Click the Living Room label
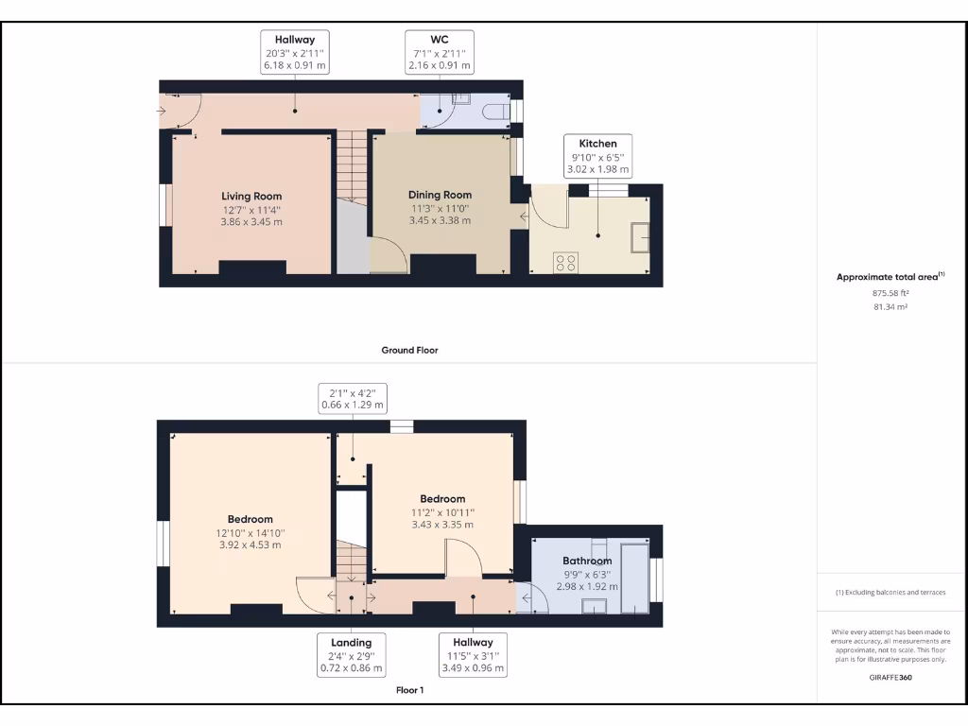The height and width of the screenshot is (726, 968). [252, 197]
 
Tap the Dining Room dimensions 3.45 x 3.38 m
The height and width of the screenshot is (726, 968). [440, 220]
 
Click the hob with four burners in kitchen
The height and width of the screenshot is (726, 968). [567, 262]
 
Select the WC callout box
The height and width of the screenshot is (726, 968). [440, 52]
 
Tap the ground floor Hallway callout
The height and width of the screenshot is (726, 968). [295, 52]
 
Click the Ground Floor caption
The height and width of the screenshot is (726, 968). [409, 350]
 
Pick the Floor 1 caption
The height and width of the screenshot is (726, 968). [409, 690]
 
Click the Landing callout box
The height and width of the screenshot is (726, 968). [351, 655]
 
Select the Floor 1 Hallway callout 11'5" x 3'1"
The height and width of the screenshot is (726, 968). [473, 655]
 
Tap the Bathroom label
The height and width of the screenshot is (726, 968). [587, 561]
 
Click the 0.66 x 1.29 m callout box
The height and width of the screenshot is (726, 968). [353, 398]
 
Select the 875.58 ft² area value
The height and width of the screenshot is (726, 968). [890, 293]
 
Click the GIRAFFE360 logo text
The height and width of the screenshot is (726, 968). [890, 678]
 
